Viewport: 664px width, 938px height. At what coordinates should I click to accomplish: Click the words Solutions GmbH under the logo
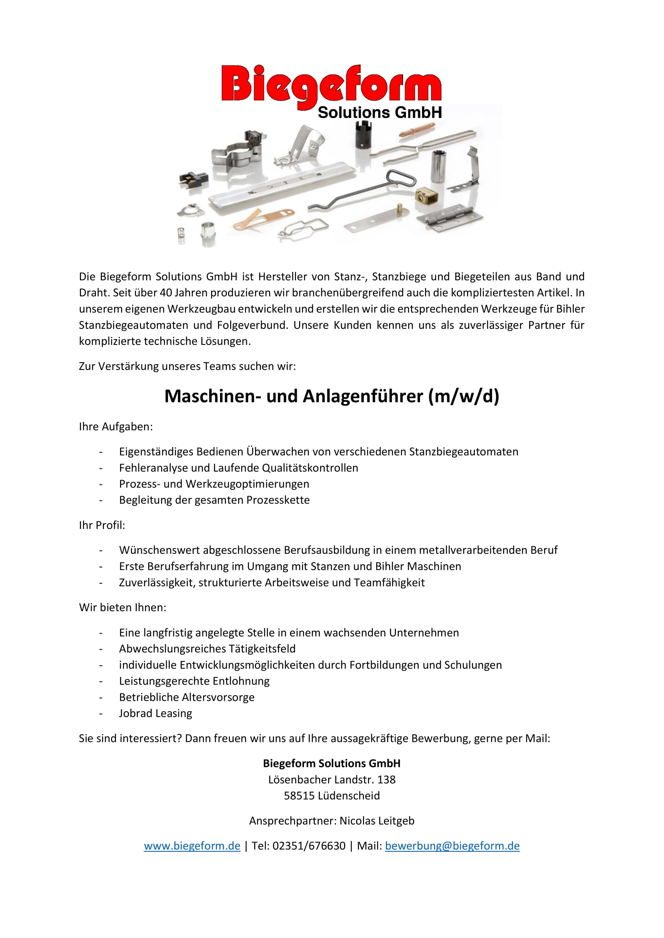[x=379, y=113]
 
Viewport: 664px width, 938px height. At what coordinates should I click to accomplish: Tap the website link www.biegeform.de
[x=192, y=846]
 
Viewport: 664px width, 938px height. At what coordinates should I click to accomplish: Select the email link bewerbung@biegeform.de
[x=452, y=846]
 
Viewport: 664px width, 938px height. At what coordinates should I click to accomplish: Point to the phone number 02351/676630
[x=309, y=846]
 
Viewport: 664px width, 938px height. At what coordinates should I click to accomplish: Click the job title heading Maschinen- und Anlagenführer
[x=332, y=396]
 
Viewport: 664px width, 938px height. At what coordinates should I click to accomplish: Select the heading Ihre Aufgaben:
[x=116, y=427]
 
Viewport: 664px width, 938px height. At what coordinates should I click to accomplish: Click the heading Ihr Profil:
[x=102, y=525]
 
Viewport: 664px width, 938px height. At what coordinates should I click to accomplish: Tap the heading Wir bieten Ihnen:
[x=123, y=607]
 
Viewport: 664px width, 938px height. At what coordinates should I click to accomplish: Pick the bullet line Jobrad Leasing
[x=155, y=713]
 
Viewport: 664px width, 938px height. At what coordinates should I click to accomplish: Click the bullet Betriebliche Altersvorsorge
[x=186, y=697]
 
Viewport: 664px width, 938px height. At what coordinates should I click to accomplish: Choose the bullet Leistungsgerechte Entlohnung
[x=194, y=681]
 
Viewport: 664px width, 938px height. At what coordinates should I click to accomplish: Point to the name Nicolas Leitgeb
[x=377, y=821]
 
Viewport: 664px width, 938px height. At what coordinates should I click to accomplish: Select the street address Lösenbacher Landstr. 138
[x=332, y=780]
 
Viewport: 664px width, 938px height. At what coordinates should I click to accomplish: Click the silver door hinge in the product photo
[x=455, y=217]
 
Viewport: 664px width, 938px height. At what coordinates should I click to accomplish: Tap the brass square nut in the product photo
[x=426, y=196]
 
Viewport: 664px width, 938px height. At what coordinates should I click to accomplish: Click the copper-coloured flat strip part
[x=264, y=219]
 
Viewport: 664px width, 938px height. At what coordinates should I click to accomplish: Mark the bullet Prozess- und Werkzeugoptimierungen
[x=214, y=484]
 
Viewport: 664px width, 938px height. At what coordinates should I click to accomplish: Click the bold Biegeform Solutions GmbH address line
[x=332, y=763]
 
